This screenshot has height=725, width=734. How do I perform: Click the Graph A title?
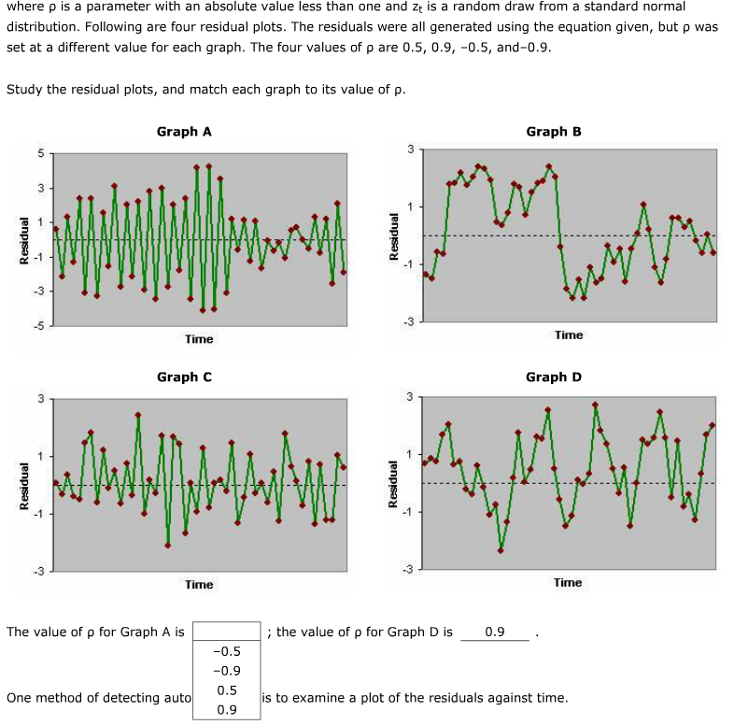pyautogui.click(x=184, y=132)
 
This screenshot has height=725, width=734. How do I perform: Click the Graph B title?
pyautogui.click(x=554, y=132)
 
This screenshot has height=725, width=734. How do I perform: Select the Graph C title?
pyautogui.click(x=184, y=377)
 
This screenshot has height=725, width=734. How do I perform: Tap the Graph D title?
pyautogui.click(x=554, y=377)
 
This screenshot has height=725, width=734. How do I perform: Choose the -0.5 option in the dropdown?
pyautogui.click(x=227, y=651)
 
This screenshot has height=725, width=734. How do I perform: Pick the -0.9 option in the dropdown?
pyautogui.click(x=227, y=671)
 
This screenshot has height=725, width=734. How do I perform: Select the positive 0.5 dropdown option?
pyautogui.click(x=227, y=690)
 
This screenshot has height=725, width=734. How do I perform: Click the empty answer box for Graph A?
pyautogui.click(x=227, y=632)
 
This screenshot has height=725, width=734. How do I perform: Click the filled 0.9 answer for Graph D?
pyautogui.click(x=495, y=633)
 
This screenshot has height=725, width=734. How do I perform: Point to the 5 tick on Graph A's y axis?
pyautogui.click(x=40, y=154)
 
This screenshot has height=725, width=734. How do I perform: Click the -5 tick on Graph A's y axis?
pyautogui.click(x=38, y=326)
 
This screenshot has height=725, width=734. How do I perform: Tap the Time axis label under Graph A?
pyautogui.click(x=199, y=339)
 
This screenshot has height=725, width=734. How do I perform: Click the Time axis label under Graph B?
pyautogui.click(x=569, y=334)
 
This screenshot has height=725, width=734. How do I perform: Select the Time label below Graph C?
pyautogui.click(x=199, y=585)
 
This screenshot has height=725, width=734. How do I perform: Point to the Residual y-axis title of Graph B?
pyautogui.click(x=396, y=238)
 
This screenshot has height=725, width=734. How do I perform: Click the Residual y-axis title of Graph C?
pyautogui.click(x=26, y=487)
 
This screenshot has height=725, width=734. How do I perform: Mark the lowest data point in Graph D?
pyautogui.click(x=501, y=550)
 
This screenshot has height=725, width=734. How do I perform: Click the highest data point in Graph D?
pyautogui.click(x=595, y=405)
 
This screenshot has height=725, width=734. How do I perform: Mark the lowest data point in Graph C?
pyautogui.click(x=168, y=546)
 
